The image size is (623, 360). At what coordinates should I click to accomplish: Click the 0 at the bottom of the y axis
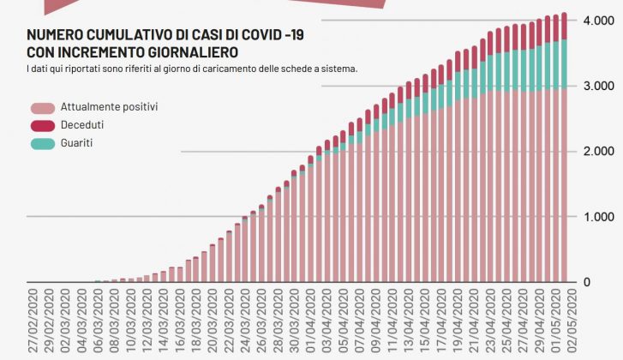(x=587, y=282)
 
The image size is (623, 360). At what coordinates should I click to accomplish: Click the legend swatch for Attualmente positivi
(x=42, y=108)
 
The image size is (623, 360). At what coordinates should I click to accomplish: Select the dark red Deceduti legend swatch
(x=42, y=126)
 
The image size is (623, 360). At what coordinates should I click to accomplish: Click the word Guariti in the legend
(x=76, y=143)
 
